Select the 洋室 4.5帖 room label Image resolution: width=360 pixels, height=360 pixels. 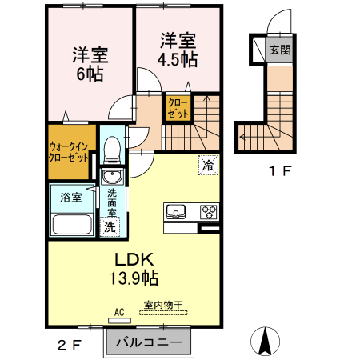(x=178, y=49)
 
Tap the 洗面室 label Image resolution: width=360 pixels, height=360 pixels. (x=112, y=202)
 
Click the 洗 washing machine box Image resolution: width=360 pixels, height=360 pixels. (x=110, y=226)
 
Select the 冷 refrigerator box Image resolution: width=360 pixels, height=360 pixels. (x=207, y=166)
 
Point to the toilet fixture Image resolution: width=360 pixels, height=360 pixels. (x=112, y=149)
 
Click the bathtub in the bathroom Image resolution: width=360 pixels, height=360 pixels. (x=72, y=224)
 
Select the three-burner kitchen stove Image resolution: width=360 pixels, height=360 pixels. (x=208, y=212)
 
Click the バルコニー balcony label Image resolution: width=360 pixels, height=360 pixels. (x=149, y=343)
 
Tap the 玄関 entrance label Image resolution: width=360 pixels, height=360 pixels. (x=279, y=50)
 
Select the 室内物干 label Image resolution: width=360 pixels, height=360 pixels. (x=163, y=305)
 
